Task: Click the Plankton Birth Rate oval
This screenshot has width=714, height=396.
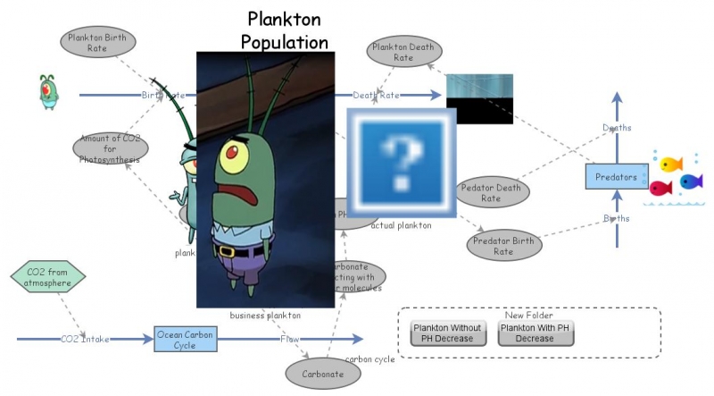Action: [98, 42]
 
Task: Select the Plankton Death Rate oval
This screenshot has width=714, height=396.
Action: [403, 52]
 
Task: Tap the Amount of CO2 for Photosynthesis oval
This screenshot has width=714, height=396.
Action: [110, 147]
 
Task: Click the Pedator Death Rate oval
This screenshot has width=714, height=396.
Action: [492, 192]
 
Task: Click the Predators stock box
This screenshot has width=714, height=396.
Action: [616, 177]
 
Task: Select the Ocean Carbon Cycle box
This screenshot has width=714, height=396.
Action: [186, 339]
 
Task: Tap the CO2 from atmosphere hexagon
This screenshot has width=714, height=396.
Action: [49, 277]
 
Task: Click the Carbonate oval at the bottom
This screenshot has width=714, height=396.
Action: [322, 374]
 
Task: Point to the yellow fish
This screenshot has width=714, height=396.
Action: [670, 164]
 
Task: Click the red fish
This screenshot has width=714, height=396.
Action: [660, 188]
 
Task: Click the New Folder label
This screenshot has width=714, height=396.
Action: [528, 316]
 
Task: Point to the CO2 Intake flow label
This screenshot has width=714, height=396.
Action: [86, 340]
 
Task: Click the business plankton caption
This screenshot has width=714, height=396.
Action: [265, 316]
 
